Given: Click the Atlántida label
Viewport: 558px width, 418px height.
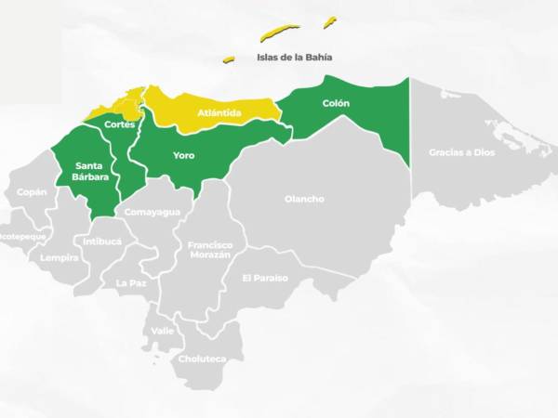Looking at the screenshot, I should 219,113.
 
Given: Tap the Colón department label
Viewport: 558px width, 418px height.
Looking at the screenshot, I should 336,103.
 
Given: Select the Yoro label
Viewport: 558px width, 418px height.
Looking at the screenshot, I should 184,155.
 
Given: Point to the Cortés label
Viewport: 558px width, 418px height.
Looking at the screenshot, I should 120,124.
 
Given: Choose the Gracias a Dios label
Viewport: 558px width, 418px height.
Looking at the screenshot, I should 461,151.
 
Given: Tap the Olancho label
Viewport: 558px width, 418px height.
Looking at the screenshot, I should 304,199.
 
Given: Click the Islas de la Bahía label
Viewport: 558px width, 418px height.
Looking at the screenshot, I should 294,57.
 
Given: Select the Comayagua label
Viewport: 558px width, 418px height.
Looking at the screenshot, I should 152,212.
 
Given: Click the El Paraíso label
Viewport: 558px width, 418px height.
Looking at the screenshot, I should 265,278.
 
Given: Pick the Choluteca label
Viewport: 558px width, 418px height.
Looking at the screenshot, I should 202,359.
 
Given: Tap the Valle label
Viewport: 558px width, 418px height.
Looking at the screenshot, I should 163,330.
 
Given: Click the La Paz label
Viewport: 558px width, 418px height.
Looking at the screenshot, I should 131,282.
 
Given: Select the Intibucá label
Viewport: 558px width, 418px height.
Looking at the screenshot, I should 102,241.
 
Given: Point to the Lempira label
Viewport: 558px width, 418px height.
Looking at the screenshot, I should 60,257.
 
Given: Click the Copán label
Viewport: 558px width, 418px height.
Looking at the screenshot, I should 32,192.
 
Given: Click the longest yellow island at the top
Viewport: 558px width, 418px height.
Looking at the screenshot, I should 279,33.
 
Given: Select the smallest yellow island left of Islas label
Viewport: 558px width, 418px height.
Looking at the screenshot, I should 228,59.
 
